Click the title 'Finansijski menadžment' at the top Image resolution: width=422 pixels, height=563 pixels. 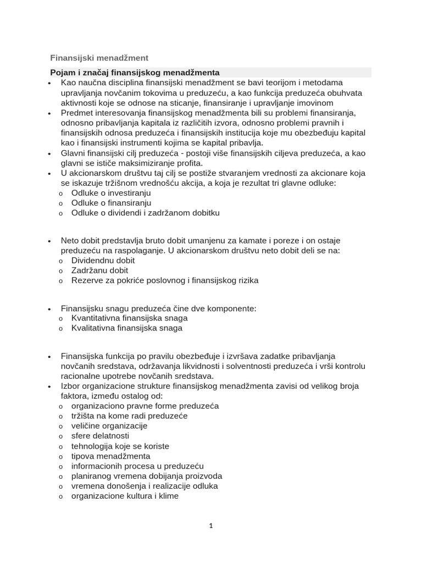(x=99, y=57)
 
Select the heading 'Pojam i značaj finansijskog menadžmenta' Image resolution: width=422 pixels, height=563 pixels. (x=135, y=73)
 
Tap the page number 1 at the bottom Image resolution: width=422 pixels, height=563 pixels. (x=210, y=526)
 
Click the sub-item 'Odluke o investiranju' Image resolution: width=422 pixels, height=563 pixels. (x=111, y=193)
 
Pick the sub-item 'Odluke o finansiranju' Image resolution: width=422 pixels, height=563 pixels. (x=112, y=203)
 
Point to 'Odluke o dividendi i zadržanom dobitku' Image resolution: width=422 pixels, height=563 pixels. (x=145, y=213)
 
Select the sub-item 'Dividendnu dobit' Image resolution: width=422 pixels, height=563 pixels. (x=103, y=261)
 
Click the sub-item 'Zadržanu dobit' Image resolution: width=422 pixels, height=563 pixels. (x=99, y=271)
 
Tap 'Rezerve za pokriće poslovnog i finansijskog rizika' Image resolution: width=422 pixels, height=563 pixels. (x=165, y=280)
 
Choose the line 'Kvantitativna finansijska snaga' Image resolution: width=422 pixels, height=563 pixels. (x=130, y=318)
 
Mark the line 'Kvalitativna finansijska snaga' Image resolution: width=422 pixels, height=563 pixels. (x=127, y=328)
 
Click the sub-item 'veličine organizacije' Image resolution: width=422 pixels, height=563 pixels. (x=109, y=426)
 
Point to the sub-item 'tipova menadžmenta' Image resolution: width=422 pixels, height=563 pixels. (x=110, y=456)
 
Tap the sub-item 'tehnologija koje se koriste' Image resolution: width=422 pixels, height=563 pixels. (x=120, y=446)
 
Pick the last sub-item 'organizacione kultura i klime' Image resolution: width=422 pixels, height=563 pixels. (x=125, y=495)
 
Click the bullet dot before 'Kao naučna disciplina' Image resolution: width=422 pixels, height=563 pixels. (x=49, y=83)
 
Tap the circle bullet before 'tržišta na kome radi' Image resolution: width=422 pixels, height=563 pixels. (x=60, y=417)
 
